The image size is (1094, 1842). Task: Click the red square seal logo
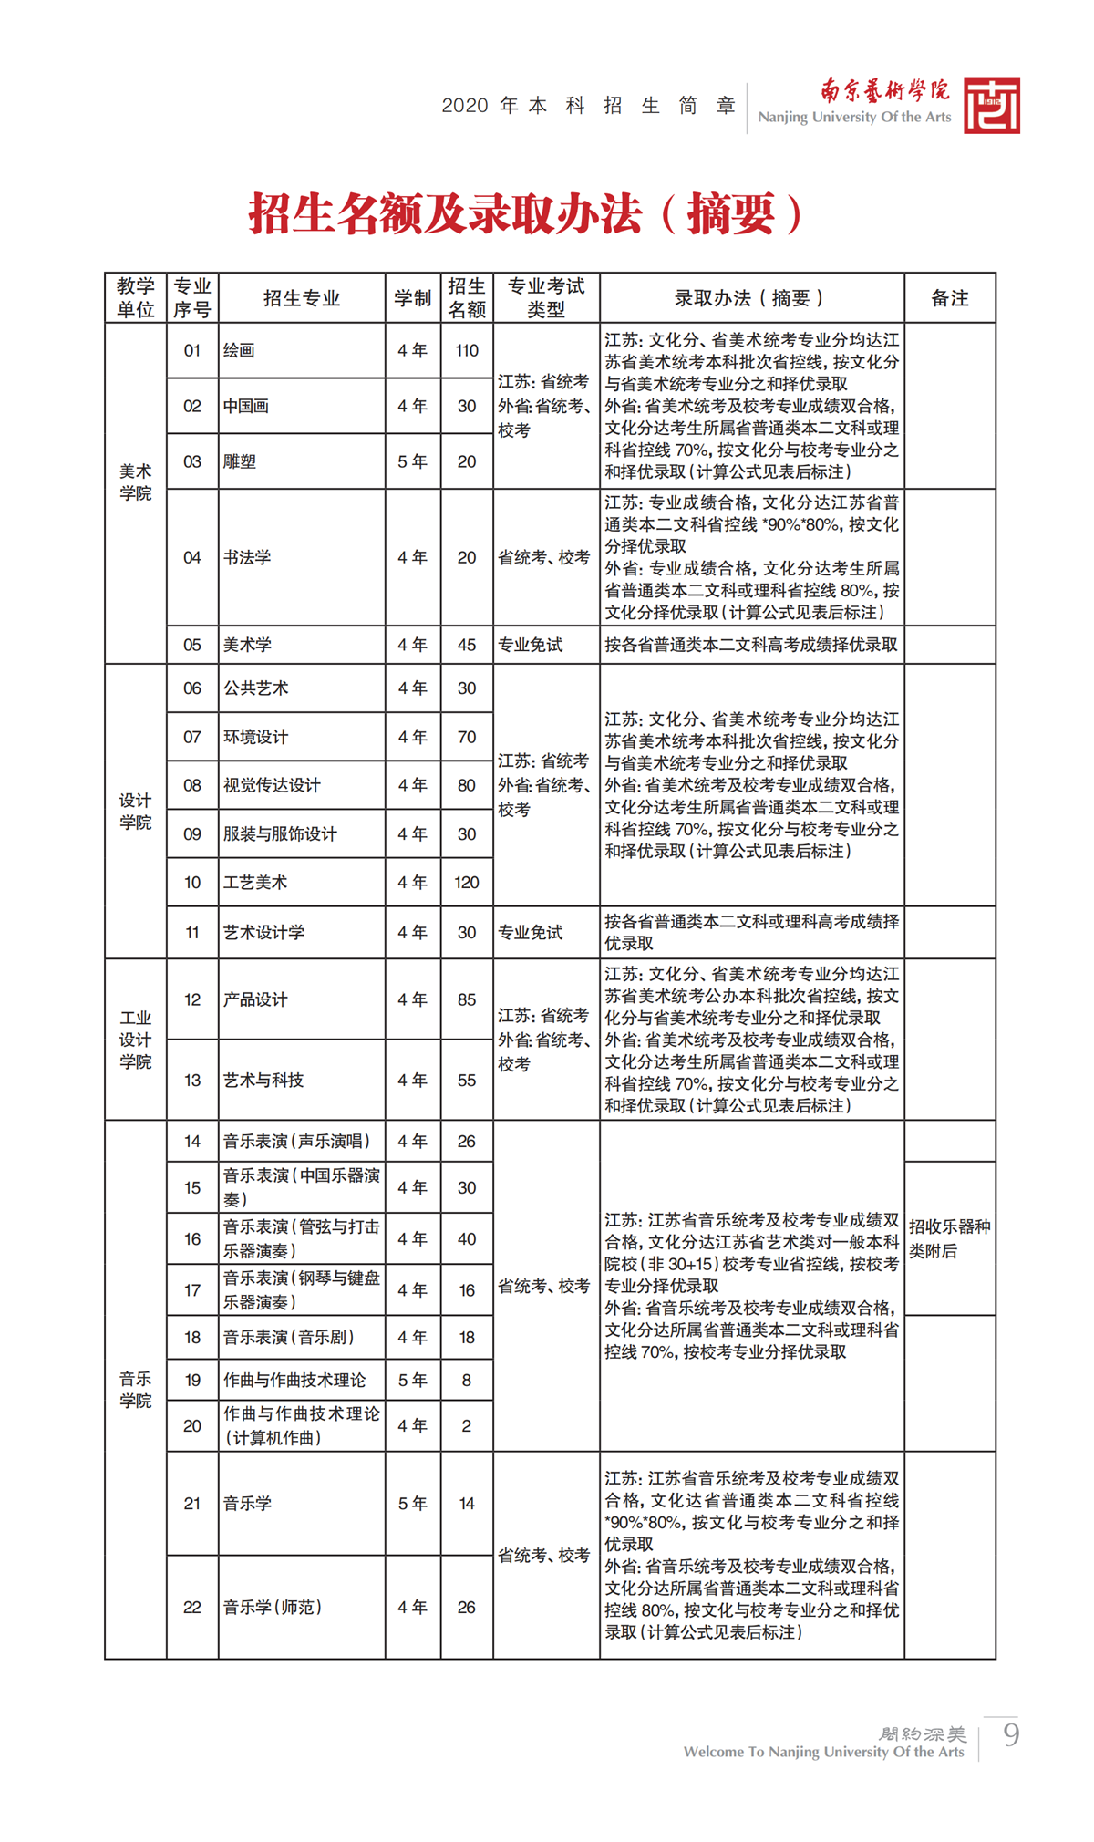(991, 106)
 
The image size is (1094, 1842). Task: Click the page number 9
(1010, 1733)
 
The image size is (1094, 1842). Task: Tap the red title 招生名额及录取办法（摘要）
(527, 214)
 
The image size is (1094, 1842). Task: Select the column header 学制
(412, 298)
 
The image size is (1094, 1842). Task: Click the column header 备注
(949, 298)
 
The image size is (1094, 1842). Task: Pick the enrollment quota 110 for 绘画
(467, 350)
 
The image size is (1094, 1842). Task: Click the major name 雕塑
(240, 461)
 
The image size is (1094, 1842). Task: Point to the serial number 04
(192, 557)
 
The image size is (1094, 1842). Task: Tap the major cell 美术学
(248, 645)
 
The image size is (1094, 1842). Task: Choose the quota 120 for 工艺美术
(467, 882)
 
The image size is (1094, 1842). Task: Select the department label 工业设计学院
(136, 1040)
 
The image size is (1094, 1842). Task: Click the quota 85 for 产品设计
(467, 999)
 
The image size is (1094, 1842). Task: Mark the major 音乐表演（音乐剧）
(290, 1337)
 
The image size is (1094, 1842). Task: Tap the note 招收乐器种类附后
(949, 1238)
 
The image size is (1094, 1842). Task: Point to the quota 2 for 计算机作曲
(467, 1425)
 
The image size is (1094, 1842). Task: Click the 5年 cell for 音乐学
(412, 1503)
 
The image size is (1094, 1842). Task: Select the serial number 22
(192, 1607)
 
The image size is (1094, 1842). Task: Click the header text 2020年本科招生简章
(589, 106)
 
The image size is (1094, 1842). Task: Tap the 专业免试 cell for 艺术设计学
(531, 932)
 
